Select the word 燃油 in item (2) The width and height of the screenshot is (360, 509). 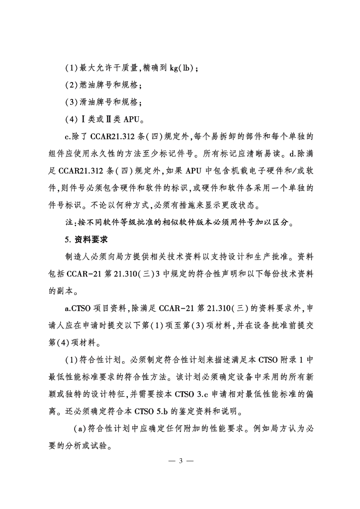click(x=90, y=85)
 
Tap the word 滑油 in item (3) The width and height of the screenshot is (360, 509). click(x=90, y=102)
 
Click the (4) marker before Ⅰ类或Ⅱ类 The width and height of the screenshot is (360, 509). click(x=72, y=119)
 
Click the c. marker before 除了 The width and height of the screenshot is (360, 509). click(x=69, y=137)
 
